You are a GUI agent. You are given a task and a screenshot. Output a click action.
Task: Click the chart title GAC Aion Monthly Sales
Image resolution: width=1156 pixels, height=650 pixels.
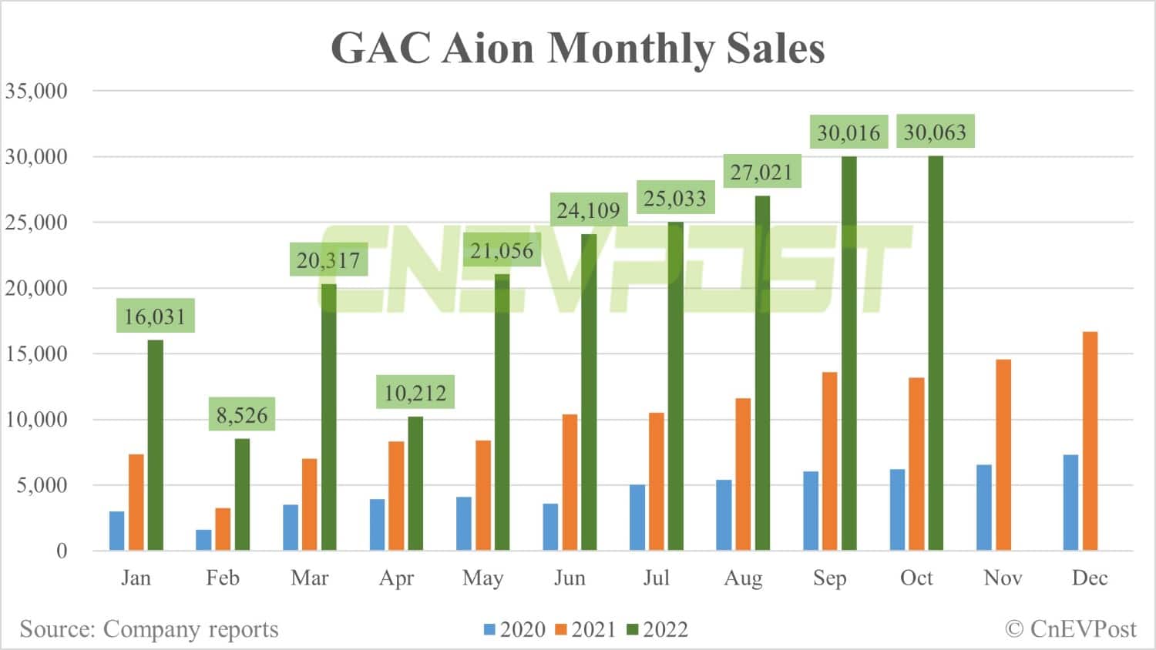point(577,48)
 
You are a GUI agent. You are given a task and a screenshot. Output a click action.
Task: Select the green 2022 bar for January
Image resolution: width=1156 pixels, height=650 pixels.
point(156,445)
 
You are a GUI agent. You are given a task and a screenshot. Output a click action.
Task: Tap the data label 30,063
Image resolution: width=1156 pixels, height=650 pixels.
point(935,132)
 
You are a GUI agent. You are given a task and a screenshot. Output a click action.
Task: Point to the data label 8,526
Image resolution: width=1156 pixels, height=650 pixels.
point(242,416)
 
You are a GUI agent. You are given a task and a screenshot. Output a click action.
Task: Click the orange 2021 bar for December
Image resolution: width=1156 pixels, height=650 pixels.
point(1090,441)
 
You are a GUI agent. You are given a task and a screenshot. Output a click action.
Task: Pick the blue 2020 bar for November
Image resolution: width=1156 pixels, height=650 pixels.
point(984,508)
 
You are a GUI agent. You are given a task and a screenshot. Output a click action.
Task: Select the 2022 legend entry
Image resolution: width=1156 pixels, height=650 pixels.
point(657,630)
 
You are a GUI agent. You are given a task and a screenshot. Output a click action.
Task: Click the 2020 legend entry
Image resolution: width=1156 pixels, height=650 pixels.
point(515,630)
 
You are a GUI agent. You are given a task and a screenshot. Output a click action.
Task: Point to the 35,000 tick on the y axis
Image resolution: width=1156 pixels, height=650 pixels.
point(36,91)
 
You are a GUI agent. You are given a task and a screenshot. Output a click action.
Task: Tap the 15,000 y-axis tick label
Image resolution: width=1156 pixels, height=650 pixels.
point(36,354)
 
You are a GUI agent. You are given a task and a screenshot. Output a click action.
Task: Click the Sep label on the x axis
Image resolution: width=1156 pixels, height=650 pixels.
point(829,578)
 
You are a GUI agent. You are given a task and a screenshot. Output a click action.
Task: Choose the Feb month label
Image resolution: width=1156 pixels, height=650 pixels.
point(223,578)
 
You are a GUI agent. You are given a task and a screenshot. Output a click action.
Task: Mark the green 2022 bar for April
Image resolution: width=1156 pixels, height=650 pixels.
point(415,483)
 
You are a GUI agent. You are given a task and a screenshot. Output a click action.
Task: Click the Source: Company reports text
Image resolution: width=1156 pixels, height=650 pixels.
point(149,629)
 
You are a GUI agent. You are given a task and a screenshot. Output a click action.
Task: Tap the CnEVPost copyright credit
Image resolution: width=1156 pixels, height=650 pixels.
point(1070,629)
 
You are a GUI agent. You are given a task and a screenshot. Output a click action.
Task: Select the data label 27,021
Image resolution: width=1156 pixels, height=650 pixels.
point(761,172)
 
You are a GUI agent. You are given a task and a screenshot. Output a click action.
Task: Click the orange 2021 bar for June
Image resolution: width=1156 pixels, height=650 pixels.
point(570,482)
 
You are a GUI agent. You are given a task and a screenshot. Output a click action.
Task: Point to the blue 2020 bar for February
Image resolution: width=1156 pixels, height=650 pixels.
point(203,540)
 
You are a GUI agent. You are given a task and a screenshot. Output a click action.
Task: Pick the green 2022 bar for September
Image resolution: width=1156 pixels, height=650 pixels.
point(849,353)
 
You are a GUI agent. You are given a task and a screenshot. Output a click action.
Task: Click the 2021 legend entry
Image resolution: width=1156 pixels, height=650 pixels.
point(586,630)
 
